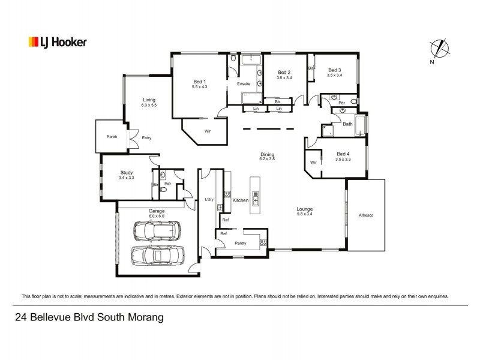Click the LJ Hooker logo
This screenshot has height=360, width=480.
click(58, 42)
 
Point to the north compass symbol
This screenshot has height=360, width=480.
click(440, 49)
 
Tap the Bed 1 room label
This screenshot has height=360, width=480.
click(199, 82)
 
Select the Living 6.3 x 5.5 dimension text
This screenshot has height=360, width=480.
click(149, 106)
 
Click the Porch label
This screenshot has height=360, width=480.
click(112, 137)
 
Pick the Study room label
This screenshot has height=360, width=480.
click(126, 172)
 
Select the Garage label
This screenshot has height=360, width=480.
click(157, 211)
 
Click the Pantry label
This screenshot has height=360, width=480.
click(241, 243)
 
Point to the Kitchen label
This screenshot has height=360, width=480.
click(240, 200)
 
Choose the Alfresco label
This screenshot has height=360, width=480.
click(366, 215)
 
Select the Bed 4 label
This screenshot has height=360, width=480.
click(343, 154)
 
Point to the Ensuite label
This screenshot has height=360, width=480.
click(244, 83)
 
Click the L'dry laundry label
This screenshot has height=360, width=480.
click(209, 199)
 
